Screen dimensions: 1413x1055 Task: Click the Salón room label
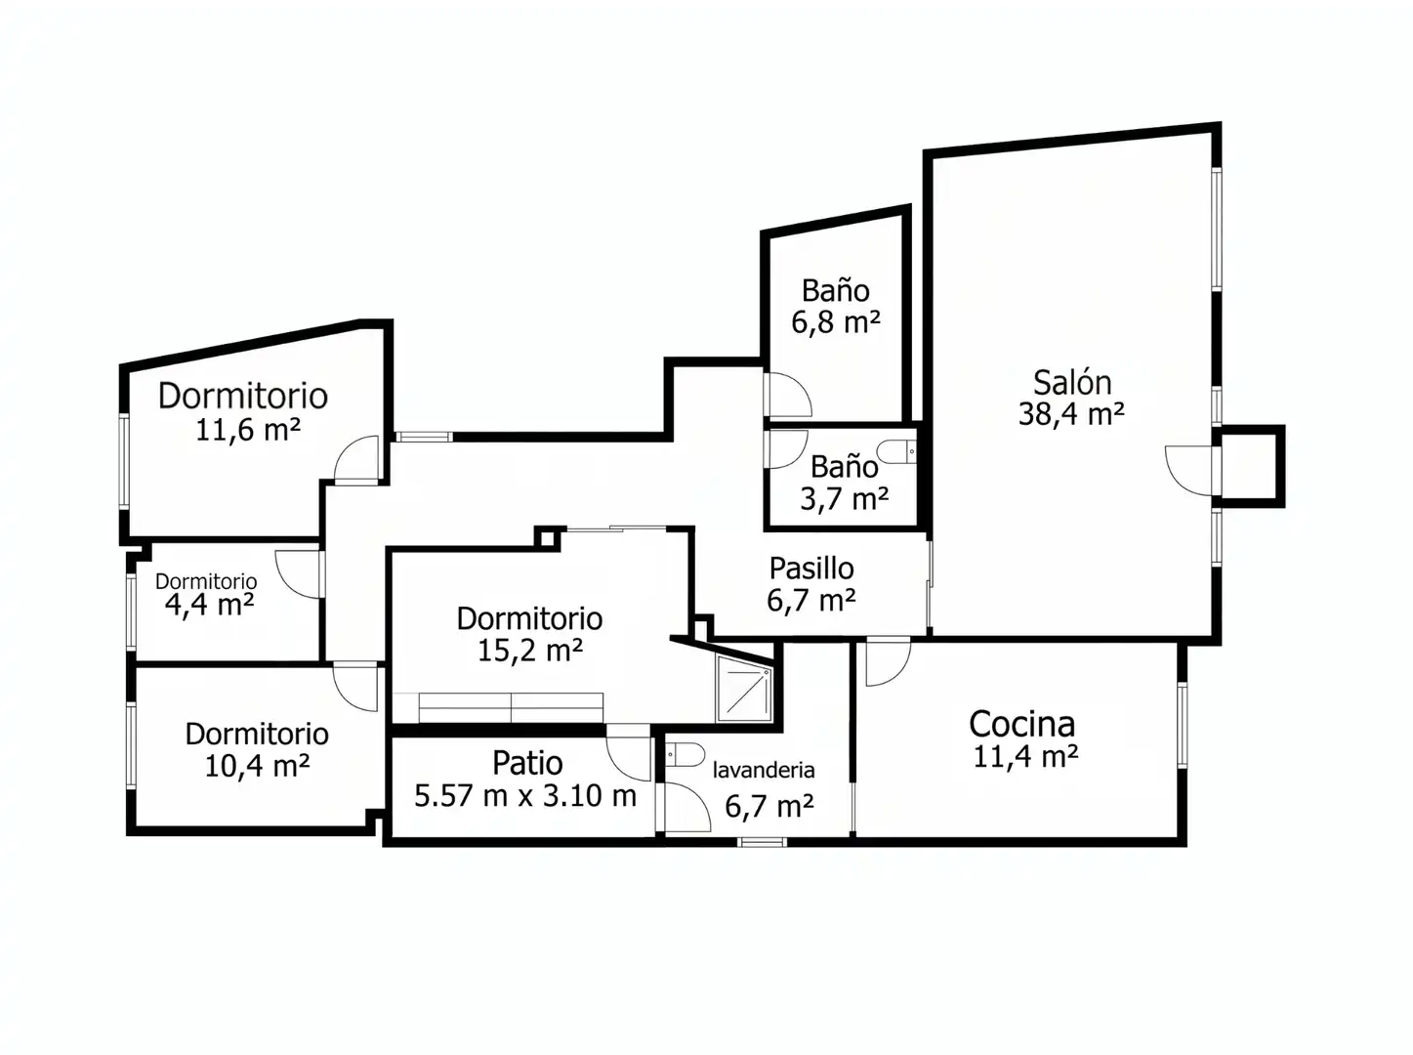point(1072,382)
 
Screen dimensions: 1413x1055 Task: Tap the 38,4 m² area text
point(1071,414)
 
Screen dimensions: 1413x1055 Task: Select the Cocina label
point(1022,724)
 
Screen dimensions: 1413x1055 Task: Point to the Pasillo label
point(811,569)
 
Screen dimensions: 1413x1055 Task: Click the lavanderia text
point(764,770)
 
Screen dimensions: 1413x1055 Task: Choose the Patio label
point(527,764)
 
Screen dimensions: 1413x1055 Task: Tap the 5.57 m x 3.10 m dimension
point(525,796)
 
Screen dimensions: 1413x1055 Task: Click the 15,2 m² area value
point(530,651)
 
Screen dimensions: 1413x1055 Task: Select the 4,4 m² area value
point(209,605)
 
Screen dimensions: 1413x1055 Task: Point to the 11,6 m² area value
point(248,430)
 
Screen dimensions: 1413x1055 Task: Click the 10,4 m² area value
point(257,766)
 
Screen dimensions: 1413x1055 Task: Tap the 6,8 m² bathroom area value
point(836,321)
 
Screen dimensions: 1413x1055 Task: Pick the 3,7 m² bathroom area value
point(844,499)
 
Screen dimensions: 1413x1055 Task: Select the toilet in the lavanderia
point(685,754)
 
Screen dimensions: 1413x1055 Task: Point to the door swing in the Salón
point(1190,471)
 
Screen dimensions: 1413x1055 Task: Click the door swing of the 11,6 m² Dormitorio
point(356,458)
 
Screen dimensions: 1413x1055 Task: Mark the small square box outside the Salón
point(1249,467)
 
